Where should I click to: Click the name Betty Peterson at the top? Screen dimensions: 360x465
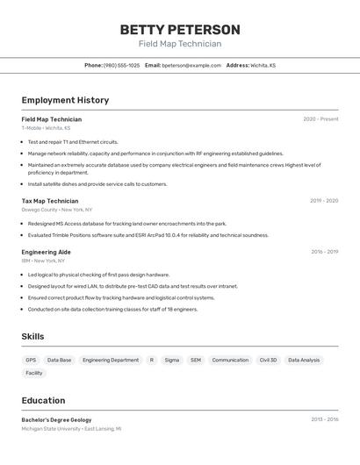coord(180,29)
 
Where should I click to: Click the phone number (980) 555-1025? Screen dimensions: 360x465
coord(121,65)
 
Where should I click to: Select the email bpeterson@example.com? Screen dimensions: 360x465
coord(191,65)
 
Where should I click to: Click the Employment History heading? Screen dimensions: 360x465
coord(65,100)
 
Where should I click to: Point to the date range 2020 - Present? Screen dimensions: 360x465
coord(320,119)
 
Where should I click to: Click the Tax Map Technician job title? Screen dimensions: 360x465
coord(50,201)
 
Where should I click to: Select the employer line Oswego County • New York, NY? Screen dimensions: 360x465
coord(56,210)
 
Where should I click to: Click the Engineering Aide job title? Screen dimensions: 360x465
coord(47,252)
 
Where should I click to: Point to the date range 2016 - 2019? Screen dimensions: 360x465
coord(324,252)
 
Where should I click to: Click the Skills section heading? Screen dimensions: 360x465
coord(32,336)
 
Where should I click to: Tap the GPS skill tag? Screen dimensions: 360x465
coord(31,360)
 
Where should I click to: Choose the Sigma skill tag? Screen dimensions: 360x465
coord(172,360)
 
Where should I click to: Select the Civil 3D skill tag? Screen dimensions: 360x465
coord(268,360)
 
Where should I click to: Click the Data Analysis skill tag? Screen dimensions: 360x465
coord(304,360)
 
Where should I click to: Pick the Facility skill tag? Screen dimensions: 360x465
coord(33,373)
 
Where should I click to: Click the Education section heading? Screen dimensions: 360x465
coord(43,400)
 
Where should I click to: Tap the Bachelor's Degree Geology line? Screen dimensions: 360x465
coord(56,420)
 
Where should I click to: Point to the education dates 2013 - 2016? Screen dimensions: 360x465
coord(324,419)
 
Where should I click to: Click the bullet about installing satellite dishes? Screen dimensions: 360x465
coord(97,184)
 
